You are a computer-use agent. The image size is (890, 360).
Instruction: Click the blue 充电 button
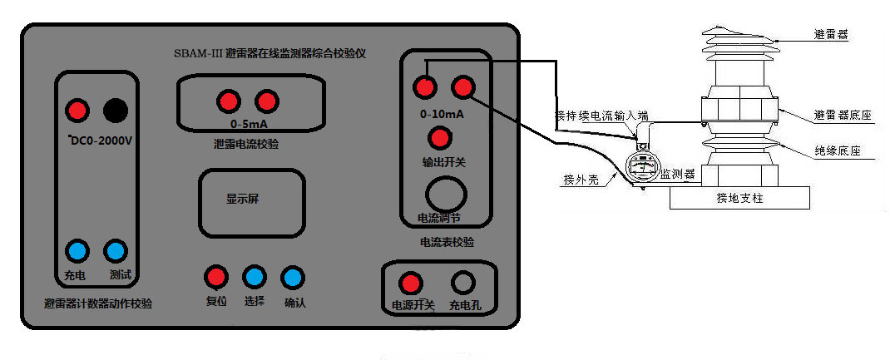pyautogui.click(x=77, y=250)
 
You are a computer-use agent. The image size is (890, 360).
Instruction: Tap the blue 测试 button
pyautogui.click(x=116, y=250)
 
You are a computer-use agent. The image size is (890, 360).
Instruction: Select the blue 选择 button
pyautogui.click(x=253, y=277)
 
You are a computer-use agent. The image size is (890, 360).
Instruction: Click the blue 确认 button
pyautogui.click(x=292, y=277)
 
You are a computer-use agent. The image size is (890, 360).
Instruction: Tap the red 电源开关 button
pyautogui.click(x=409, y=283)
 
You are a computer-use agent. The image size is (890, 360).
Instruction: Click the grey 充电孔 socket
pyautogui.click(x=463, y=283)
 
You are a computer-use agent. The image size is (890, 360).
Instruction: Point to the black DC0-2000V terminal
pyautogui.click(x=115, y=109)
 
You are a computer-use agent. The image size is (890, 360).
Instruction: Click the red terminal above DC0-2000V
pyautogui.click(x=77, y=109)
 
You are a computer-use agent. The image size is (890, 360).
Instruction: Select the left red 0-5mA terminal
pyautogui.click(x=227, y=101)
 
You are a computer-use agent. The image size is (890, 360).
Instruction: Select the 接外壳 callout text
pyautogui.click(x=579, y=179)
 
